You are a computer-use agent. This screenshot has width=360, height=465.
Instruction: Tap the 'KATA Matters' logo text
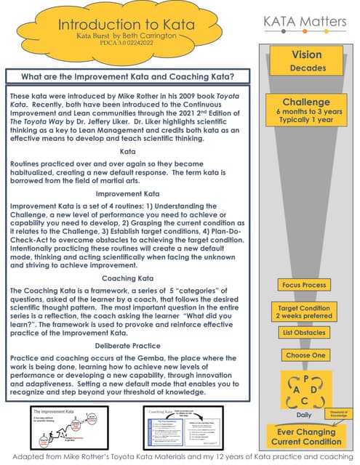305,22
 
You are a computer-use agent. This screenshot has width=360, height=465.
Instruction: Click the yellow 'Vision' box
306,60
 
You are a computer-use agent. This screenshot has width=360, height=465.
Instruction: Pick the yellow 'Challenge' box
306,112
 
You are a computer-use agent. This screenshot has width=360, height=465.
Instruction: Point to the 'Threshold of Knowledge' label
341,412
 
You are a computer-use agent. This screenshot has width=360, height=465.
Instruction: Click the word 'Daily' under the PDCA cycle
305,415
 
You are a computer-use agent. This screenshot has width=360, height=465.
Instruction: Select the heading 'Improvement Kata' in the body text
127,174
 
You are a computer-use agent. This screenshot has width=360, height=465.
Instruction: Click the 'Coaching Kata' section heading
127,278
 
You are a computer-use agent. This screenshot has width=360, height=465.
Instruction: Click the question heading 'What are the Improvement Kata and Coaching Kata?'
128,76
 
